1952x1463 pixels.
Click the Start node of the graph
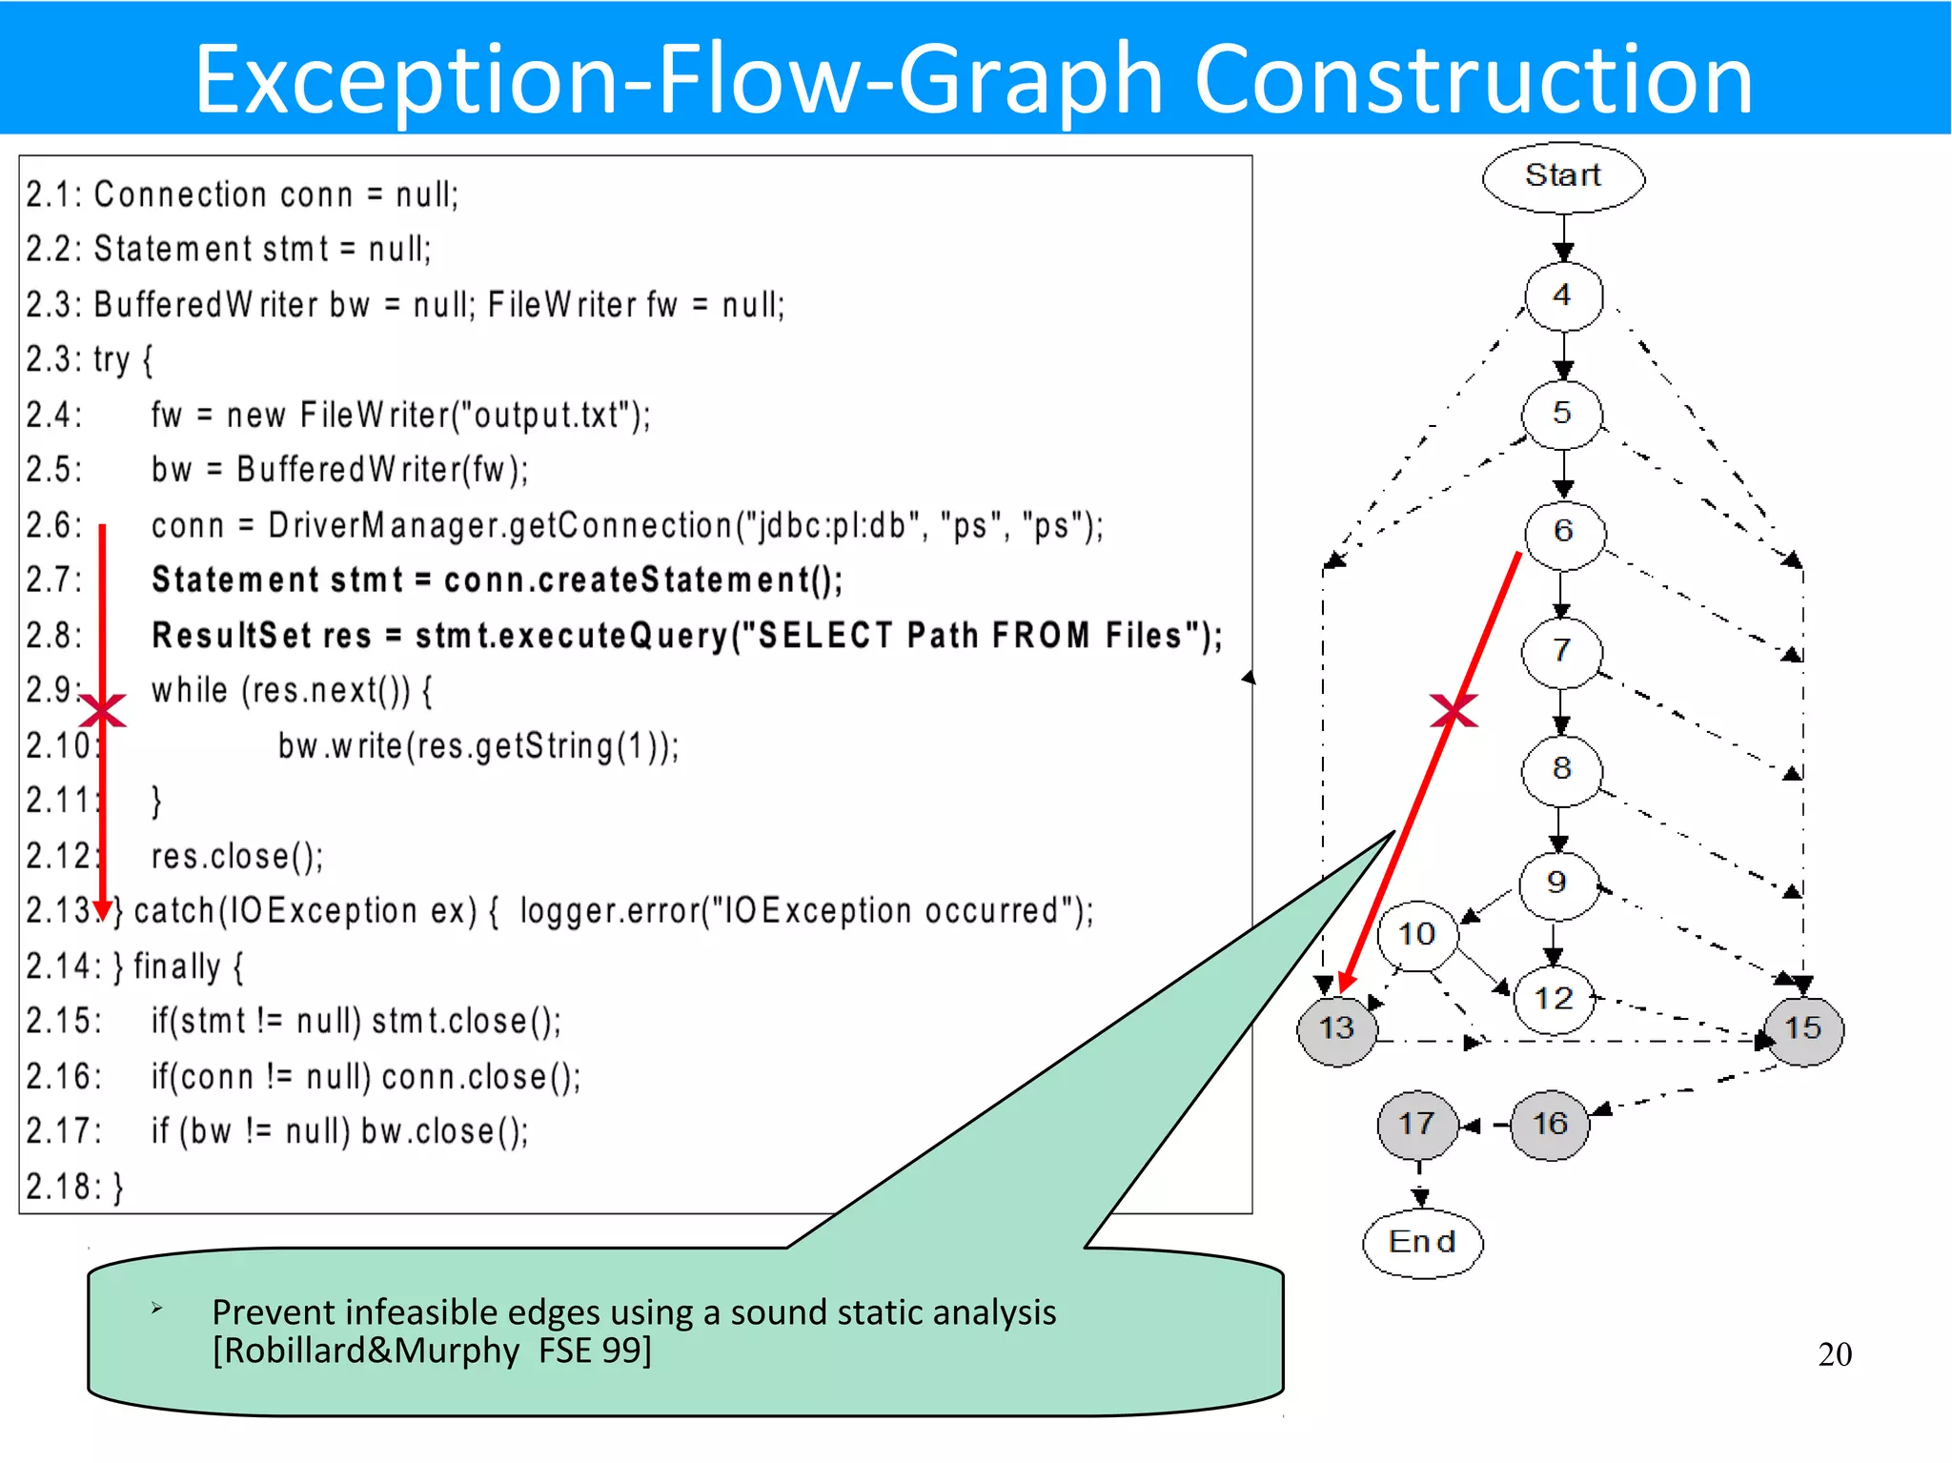1563,176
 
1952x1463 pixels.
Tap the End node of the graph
1422,1242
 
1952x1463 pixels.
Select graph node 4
1563,295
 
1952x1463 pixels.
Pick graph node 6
1563,532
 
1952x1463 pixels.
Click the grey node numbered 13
1336,1028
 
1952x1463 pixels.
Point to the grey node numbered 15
1802,1028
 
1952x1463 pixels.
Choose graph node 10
1417,935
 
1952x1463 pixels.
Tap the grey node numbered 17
1417,1124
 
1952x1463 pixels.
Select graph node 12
1554,999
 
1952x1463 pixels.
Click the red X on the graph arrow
1454,711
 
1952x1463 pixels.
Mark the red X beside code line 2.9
103,711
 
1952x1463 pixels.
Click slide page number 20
1834,1354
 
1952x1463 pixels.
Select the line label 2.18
63,1188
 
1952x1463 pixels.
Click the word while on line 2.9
190,690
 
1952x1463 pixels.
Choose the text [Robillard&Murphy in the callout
367,1351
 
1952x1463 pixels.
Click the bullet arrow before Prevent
157,1310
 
